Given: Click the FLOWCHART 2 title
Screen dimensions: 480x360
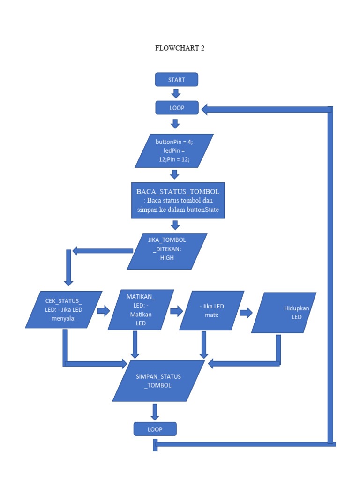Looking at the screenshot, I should (180, 48).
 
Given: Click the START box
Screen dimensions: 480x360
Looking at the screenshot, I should (177, 80).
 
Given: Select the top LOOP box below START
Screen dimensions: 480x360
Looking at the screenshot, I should (177, 108).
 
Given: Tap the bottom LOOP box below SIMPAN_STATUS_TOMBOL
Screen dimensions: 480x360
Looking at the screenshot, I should (155, 429).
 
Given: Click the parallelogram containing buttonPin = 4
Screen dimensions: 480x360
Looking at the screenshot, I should (174, 150).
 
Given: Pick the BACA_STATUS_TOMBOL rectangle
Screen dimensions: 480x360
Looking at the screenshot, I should (178, 201).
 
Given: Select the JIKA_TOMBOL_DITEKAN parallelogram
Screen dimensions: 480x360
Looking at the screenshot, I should (167, 251).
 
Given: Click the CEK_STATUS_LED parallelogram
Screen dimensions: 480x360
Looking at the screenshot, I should (64, 309).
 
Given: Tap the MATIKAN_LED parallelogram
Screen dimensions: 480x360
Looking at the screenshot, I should (141, 309).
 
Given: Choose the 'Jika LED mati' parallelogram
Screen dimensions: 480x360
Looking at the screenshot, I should (211, 310).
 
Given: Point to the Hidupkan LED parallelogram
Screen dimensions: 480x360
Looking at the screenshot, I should (284, 313).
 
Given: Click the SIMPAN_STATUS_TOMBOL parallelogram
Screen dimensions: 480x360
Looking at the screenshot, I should (158, 381).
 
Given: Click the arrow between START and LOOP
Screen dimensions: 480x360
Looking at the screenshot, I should (176, 93).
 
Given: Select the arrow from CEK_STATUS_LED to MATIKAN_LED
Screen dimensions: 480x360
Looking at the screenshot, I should (103, 310).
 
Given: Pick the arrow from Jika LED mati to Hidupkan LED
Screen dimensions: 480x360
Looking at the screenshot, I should (246, 313).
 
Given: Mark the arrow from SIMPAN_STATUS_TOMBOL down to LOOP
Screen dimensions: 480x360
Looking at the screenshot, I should (155, 412).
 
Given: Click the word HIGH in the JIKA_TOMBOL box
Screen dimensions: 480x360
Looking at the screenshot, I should (167, 258).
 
